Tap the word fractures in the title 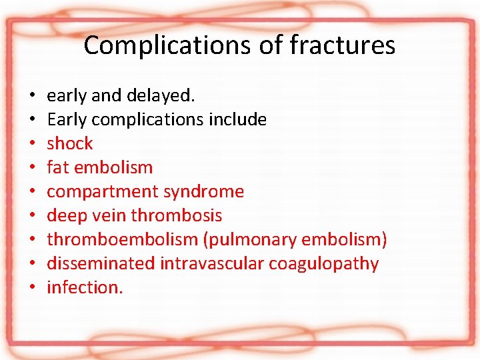(343, 46)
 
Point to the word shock (70, 144)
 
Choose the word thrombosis (177, 216)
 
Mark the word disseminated (101, 264)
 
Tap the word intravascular (211, 264)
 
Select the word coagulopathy (323, 264)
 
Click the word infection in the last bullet (84, 288)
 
